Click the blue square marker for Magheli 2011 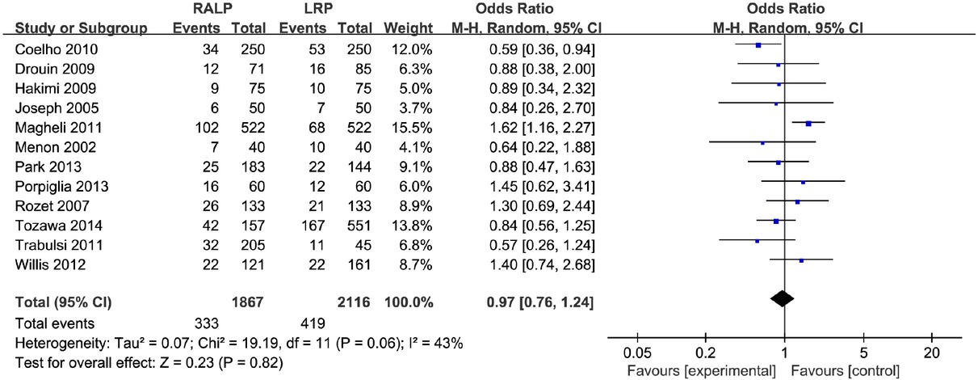808,124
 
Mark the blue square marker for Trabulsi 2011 757,240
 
